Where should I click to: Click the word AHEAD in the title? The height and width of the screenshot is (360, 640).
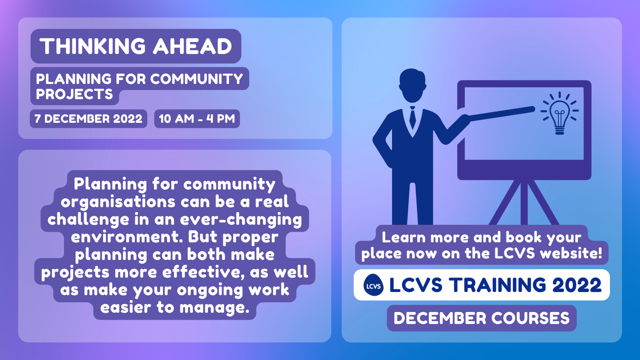192,46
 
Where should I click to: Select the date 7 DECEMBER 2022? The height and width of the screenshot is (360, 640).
88,118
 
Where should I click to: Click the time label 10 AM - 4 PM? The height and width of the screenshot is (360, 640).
197,118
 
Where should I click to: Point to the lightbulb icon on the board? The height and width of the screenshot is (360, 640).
560,113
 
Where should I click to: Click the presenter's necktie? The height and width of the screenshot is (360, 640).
412,117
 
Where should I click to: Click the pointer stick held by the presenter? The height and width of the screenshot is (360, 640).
500,114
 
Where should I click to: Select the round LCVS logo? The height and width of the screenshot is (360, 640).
374,285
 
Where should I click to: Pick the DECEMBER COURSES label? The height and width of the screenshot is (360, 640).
482,318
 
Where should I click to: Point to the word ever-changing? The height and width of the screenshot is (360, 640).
241,220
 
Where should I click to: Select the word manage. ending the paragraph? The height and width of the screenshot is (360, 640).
214,308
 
